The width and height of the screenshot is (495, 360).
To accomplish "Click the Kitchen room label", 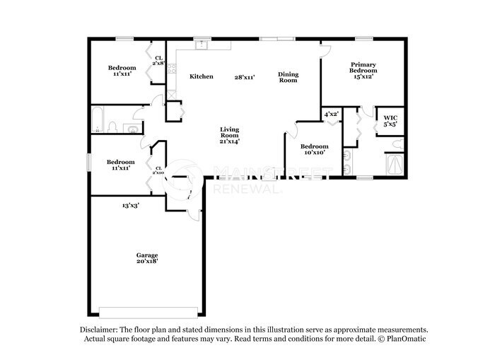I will [x=201, y=76].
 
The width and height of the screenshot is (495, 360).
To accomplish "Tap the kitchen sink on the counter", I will [x=202, y=45].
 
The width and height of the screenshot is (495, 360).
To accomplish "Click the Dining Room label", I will [x=288, y=77].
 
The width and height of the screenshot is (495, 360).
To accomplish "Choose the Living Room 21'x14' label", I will [x=229, y=134].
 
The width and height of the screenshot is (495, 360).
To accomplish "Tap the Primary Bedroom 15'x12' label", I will [x=363, y=70].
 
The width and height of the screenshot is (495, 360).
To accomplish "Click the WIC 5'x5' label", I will [x=390, y=120].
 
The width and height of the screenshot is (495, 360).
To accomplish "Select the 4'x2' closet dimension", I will [x=331, y=113].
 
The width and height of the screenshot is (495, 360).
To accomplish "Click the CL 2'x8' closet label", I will [x=158, y=61].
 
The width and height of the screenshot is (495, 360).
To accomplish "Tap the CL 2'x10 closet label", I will [x=158, y=170].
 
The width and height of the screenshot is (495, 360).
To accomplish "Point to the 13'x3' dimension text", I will [x=130, y=205].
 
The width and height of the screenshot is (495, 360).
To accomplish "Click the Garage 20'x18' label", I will [x=147, y=257].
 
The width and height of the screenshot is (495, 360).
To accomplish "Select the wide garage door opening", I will [x=148, y=312].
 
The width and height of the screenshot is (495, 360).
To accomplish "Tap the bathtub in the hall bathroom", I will [x=98, y=120].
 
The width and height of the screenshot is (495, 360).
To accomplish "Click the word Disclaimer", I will [x=96, y=330].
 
